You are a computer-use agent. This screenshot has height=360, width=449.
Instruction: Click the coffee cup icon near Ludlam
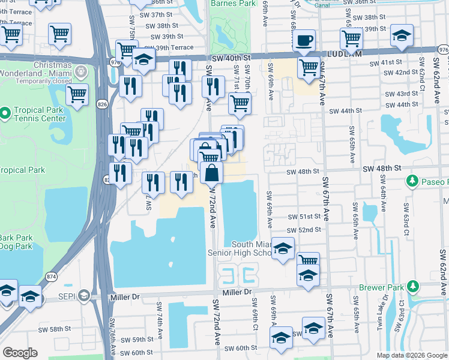[305, 40]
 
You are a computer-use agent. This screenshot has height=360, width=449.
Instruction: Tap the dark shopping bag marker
[212, 173]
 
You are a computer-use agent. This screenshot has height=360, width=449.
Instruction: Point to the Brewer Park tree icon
[413, 287]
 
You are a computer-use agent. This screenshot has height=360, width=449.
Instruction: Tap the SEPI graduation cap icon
[83, 296]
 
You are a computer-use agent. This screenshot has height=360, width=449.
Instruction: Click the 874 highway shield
[52, 277]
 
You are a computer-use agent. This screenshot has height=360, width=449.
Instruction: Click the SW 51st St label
[301, 217]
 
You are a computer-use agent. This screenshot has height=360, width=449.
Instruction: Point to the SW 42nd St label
[402, 72]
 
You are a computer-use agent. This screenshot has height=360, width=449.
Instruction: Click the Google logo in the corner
[20, 353]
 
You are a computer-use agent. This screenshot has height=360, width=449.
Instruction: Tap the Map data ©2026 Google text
[411, 355]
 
